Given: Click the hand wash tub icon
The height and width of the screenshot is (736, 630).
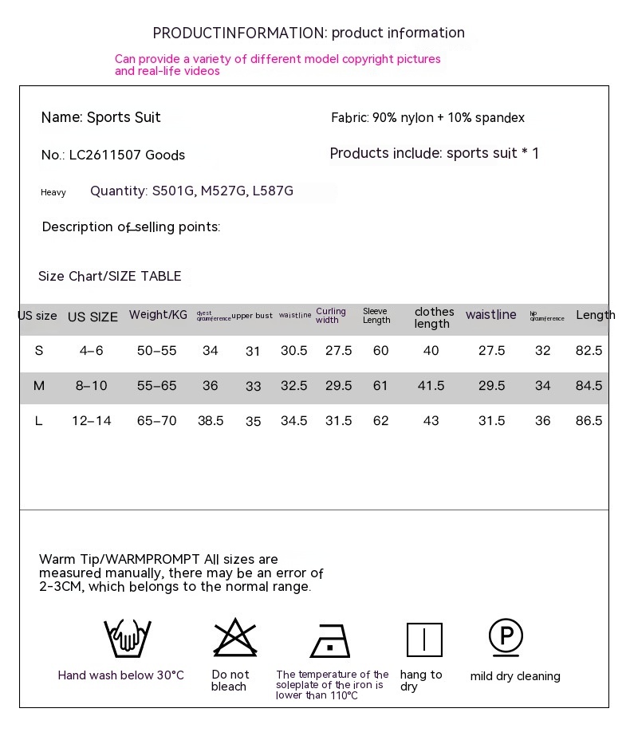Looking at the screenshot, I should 127,638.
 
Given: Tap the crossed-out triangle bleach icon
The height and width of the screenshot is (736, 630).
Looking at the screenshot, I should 234,638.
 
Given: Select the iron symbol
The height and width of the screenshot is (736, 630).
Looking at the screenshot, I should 329,640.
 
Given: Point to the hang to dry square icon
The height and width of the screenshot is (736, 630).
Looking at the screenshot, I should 424,640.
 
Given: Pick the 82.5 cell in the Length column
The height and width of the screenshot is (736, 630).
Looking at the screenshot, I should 589,351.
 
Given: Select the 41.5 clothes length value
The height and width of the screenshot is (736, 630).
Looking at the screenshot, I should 431,386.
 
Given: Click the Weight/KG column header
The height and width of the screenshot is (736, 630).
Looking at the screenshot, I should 158,315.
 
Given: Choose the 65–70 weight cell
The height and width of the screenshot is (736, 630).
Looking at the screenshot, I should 156,421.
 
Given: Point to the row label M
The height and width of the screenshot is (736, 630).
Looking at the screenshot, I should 38,386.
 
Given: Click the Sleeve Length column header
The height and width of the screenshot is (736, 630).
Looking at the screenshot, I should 376,316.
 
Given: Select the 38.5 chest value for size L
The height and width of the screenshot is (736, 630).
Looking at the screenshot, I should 211,421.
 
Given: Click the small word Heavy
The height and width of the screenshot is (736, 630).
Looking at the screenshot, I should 53,192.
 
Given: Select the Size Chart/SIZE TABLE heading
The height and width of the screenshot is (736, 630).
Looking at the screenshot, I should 110,277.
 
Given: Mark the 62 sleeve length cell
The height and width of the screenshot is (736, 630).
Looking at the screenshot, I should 380,421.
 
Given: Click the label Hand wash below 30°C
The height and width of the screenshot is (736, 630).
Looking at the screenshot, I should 120,675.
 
